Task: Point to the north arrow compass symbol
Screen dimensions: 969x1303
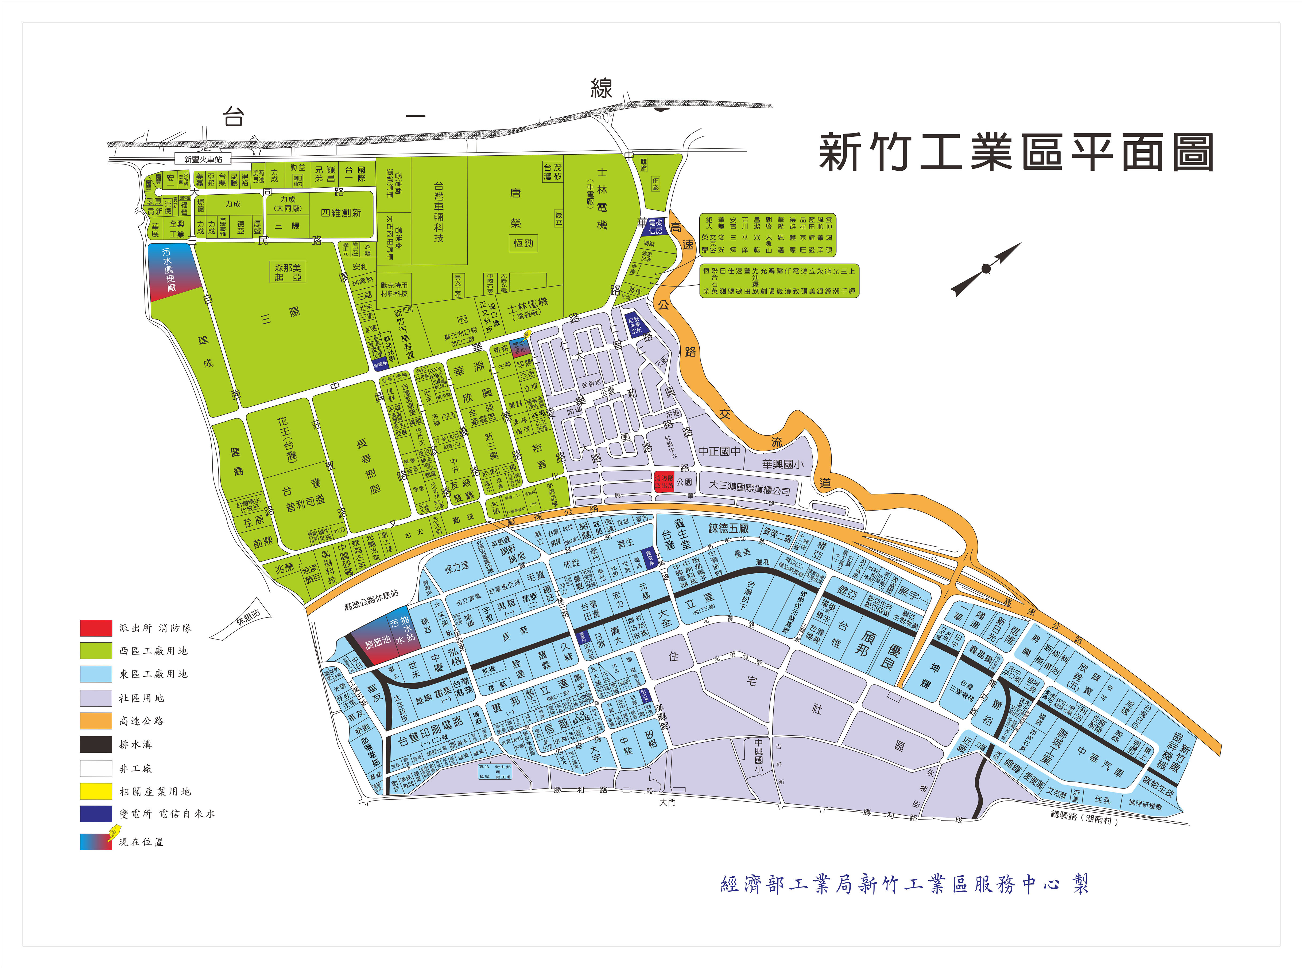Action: [986, 269]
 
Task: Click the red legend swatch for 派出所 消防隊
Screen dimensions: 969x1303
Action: [96, 628]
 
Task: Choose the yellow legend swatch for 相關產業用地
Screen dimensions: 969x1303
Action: [96, 791]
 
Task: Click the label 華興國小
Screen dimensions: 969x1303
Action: [782, 464]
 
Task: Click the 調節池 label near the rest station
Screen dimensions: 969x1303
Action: [377, 643]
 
